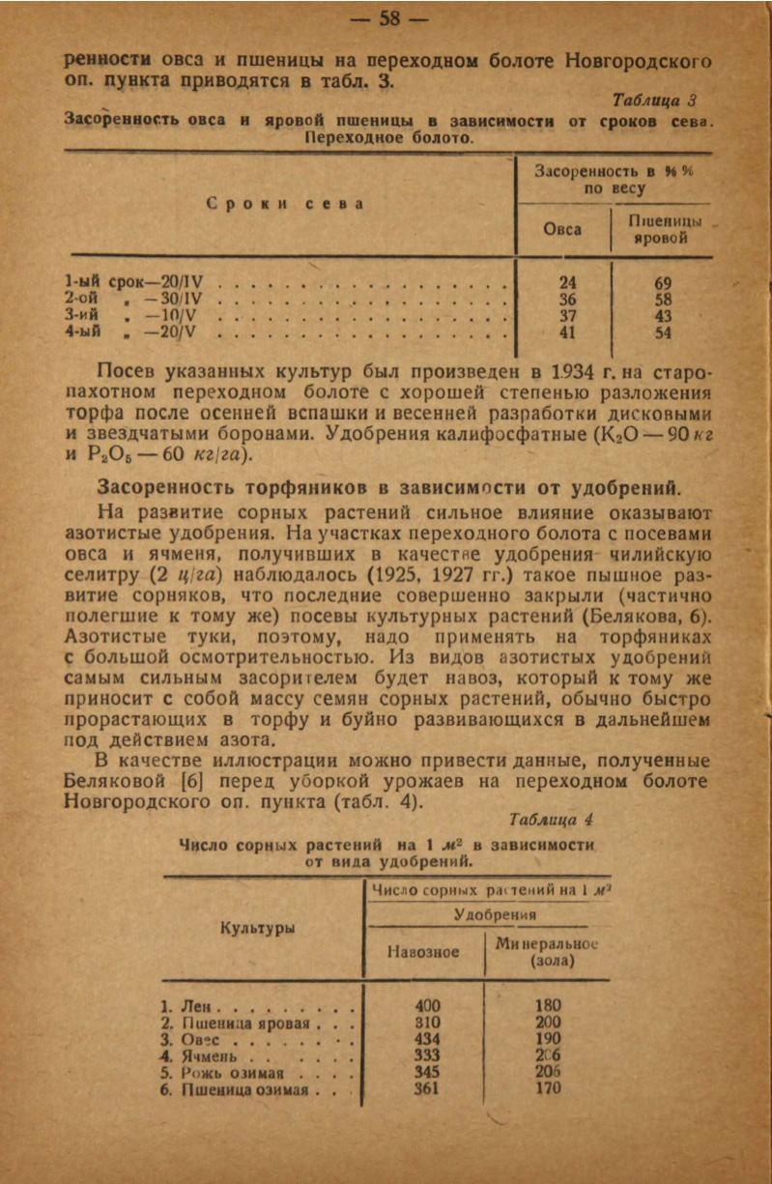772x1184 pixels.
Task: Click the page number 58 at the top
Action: pyautogui.click(x=389, y=18)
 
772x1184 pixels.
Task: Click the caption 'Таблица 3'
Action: pyautogui.click(x=654, y=101)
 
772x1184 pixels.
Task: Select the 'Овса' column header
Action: pyautogui.click(x=562, y=230)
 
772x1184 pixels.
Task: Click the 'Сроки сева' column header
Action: pyautogui.click(x=288, y=204)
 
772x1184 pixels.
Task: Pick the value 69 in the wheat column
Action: pyautogui.click(x=663, y=282)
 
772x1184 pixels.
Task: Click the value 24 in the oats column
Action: pyautogui.click(x=568, y=282)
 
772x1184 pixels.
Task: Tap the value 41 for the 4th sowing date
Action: pyautogui.click(x=568, y=333)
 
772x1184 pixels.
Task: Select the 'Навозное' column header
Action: pyautogui.click(x=423, y=952)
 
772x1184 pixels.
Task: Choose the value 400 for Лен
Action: pyautogui.click(x=426, y=1005)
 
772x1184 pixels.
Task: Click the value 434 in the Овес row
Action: pyautogui.click(x=426, y=1039)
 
